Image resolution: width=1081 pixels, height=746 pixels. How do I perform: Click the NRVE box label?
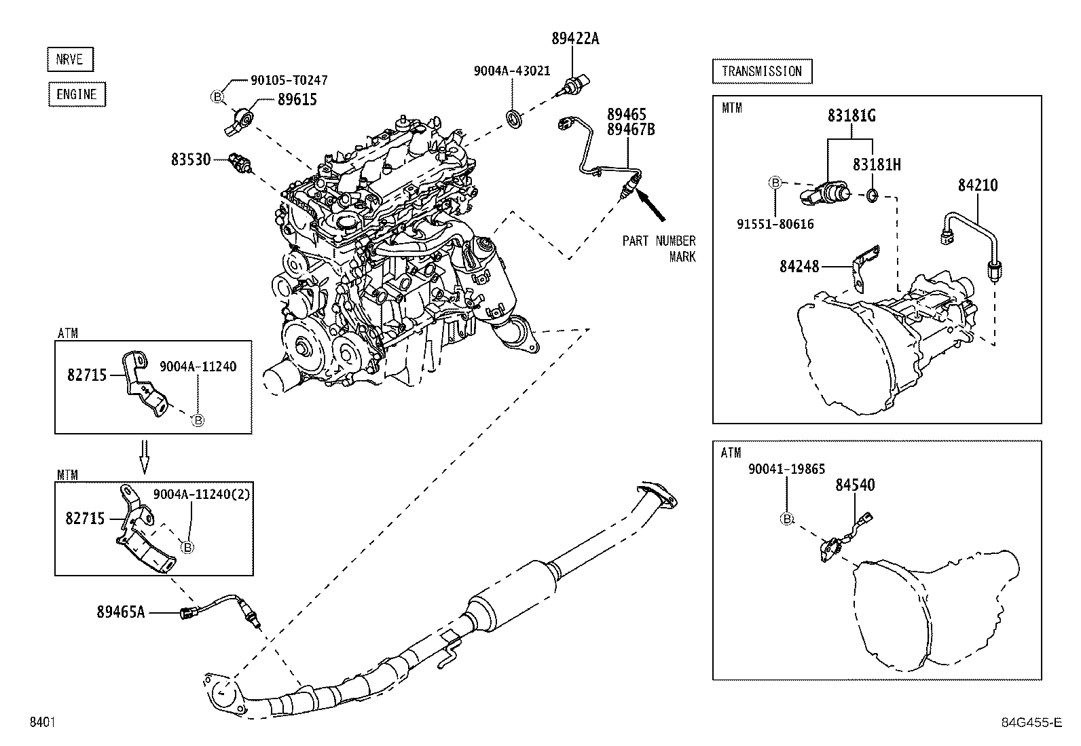(x=70, y=60)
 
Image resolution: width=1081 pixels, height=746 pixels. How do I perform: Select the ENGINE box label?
(x=77, y=94)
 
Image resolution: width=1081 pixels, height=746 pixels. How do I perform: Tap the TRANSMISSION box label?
(x=762, y=71)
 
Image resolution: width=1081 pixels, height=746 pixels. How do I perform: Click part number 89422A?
(x=575, y=39)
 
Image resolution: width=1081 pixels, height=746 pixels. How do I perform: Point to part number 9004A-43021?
(x=512, y=71)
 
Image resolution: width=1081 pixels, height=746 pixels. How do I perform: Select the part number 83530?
(x=191, y=160)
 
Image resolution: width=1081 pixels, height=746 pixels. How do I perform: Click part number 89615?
(x=297, y=100)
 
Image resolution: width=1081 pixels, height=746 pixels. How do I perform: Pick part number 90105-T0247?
(x=289, y=80)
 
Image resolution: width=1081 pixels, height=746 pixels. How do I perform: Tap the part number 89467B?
(x=631, y=129)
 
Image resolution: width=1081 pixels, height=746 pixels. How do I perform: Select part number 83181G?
(x=851, y=116)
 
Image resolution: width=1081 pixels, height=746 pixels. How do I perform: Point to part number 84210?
(x=978, y=185)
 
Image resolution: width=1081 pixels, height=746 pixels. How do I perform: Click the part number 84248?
(x=799, y=267)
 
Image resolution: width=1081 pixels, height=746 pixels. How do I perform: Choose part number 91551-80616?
(x=775, y=224)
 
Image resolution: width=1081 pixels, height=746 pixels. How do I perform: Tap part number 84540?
(x=855, y=485)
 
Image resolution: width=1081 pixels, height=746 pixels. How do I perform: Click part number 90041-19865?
(x=786, y=468)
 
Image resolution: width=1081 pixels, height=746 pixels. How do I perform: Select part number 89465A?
(x=121, y=612)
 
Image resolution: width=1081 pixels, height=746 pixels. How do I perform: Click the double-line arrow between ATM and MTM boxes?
(x=144, y=455)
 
